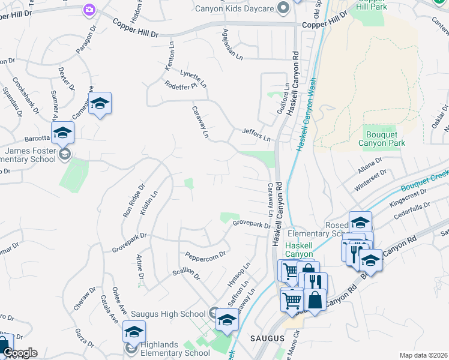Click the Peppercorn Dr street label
205,254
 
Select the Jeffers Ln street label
256,133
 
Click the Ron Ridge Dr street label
130,200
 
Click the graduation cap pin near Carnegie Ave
100,103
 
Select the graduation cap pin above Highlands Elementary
134,331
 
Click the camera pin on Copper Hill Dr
89,10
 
